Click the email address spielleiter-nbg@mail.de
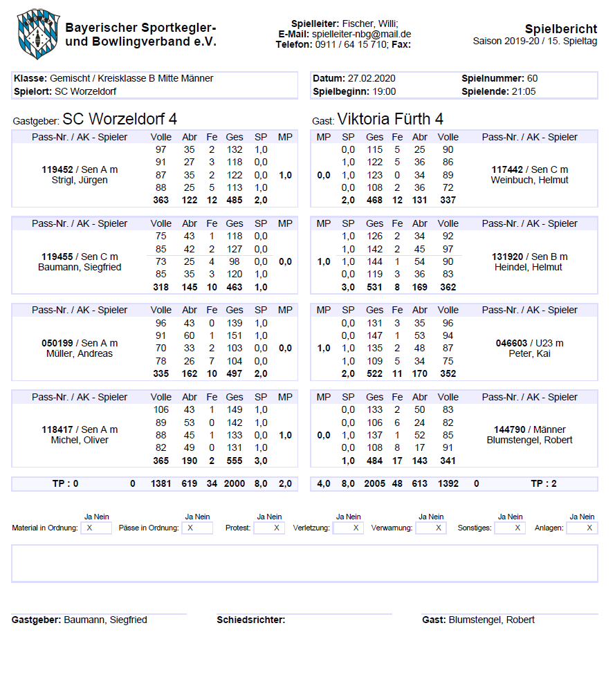click(x=362, y=34)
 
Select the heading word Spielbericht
click(x=560, y=29)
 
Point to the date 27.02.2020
click(x=371, y=78)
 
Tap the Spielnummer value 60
click(x=532, y=78)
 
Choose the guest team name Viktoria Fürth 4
click(x=390, y=119)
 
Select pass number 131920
click(x=508, y=257)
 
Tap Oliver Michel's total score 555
click(x=235, y=460)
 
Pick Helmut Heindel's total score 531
click(x=375, y=287)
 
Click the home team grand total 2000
click(x=235, y=484)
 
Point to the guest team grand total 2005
click(x=375, y=484)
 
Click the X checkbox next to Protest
click(x=276, y=528)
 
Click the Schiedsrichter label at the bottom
click(x=250, y=620)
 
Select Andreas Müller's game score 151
click(x=235, y=336)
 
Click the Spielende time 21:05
click(x=523, y=91)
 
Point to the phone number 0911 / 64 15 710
click(x=351, y=44)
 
